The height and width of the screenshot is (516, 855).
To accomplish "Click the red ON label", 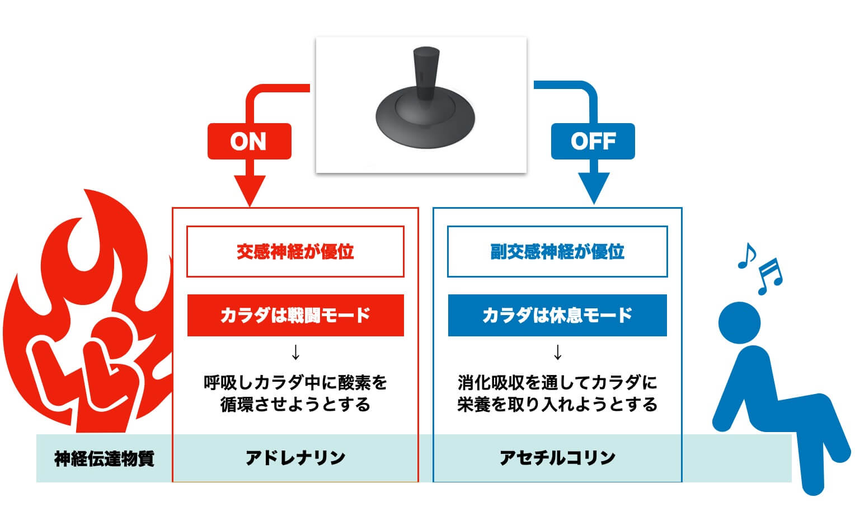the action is click(249, 141).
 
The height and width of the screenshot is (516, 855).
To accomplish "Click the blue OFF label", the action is click(593, 141).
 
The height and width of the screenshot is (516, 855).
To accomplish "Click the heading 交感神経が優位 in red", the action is click(295, 252).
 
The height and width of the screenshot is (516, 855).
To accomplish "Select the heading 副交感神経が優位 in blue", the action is click(557, 252).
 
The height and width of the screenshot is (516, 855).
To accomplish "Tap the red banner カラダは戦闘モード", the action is click(295, 315).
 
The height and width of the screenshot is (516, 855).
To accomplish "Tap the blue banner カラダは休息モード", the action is click(557, 315).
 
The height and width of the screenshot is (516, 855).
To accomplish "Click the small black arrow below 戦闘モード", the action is click(296, 353).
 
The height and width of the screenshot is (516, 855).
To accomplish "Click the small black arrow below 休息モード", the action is click(557, 353).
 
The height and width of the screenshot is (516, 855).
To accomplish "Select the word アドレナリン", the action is click(295, 458).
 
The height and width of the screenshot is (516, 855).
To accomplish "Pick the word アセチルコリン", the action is click(557, 458).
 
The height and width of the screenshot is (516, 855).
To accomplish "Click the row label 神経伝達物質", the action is click(104, 459).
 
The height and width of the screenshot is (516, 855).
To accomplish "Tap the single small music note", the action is click(746, 256).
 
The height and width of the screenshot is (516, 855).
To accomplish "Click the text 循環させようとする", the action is click(295, 405).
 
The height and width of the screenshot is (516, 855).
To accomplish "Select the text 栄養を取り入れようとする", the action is click(557, 405).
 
